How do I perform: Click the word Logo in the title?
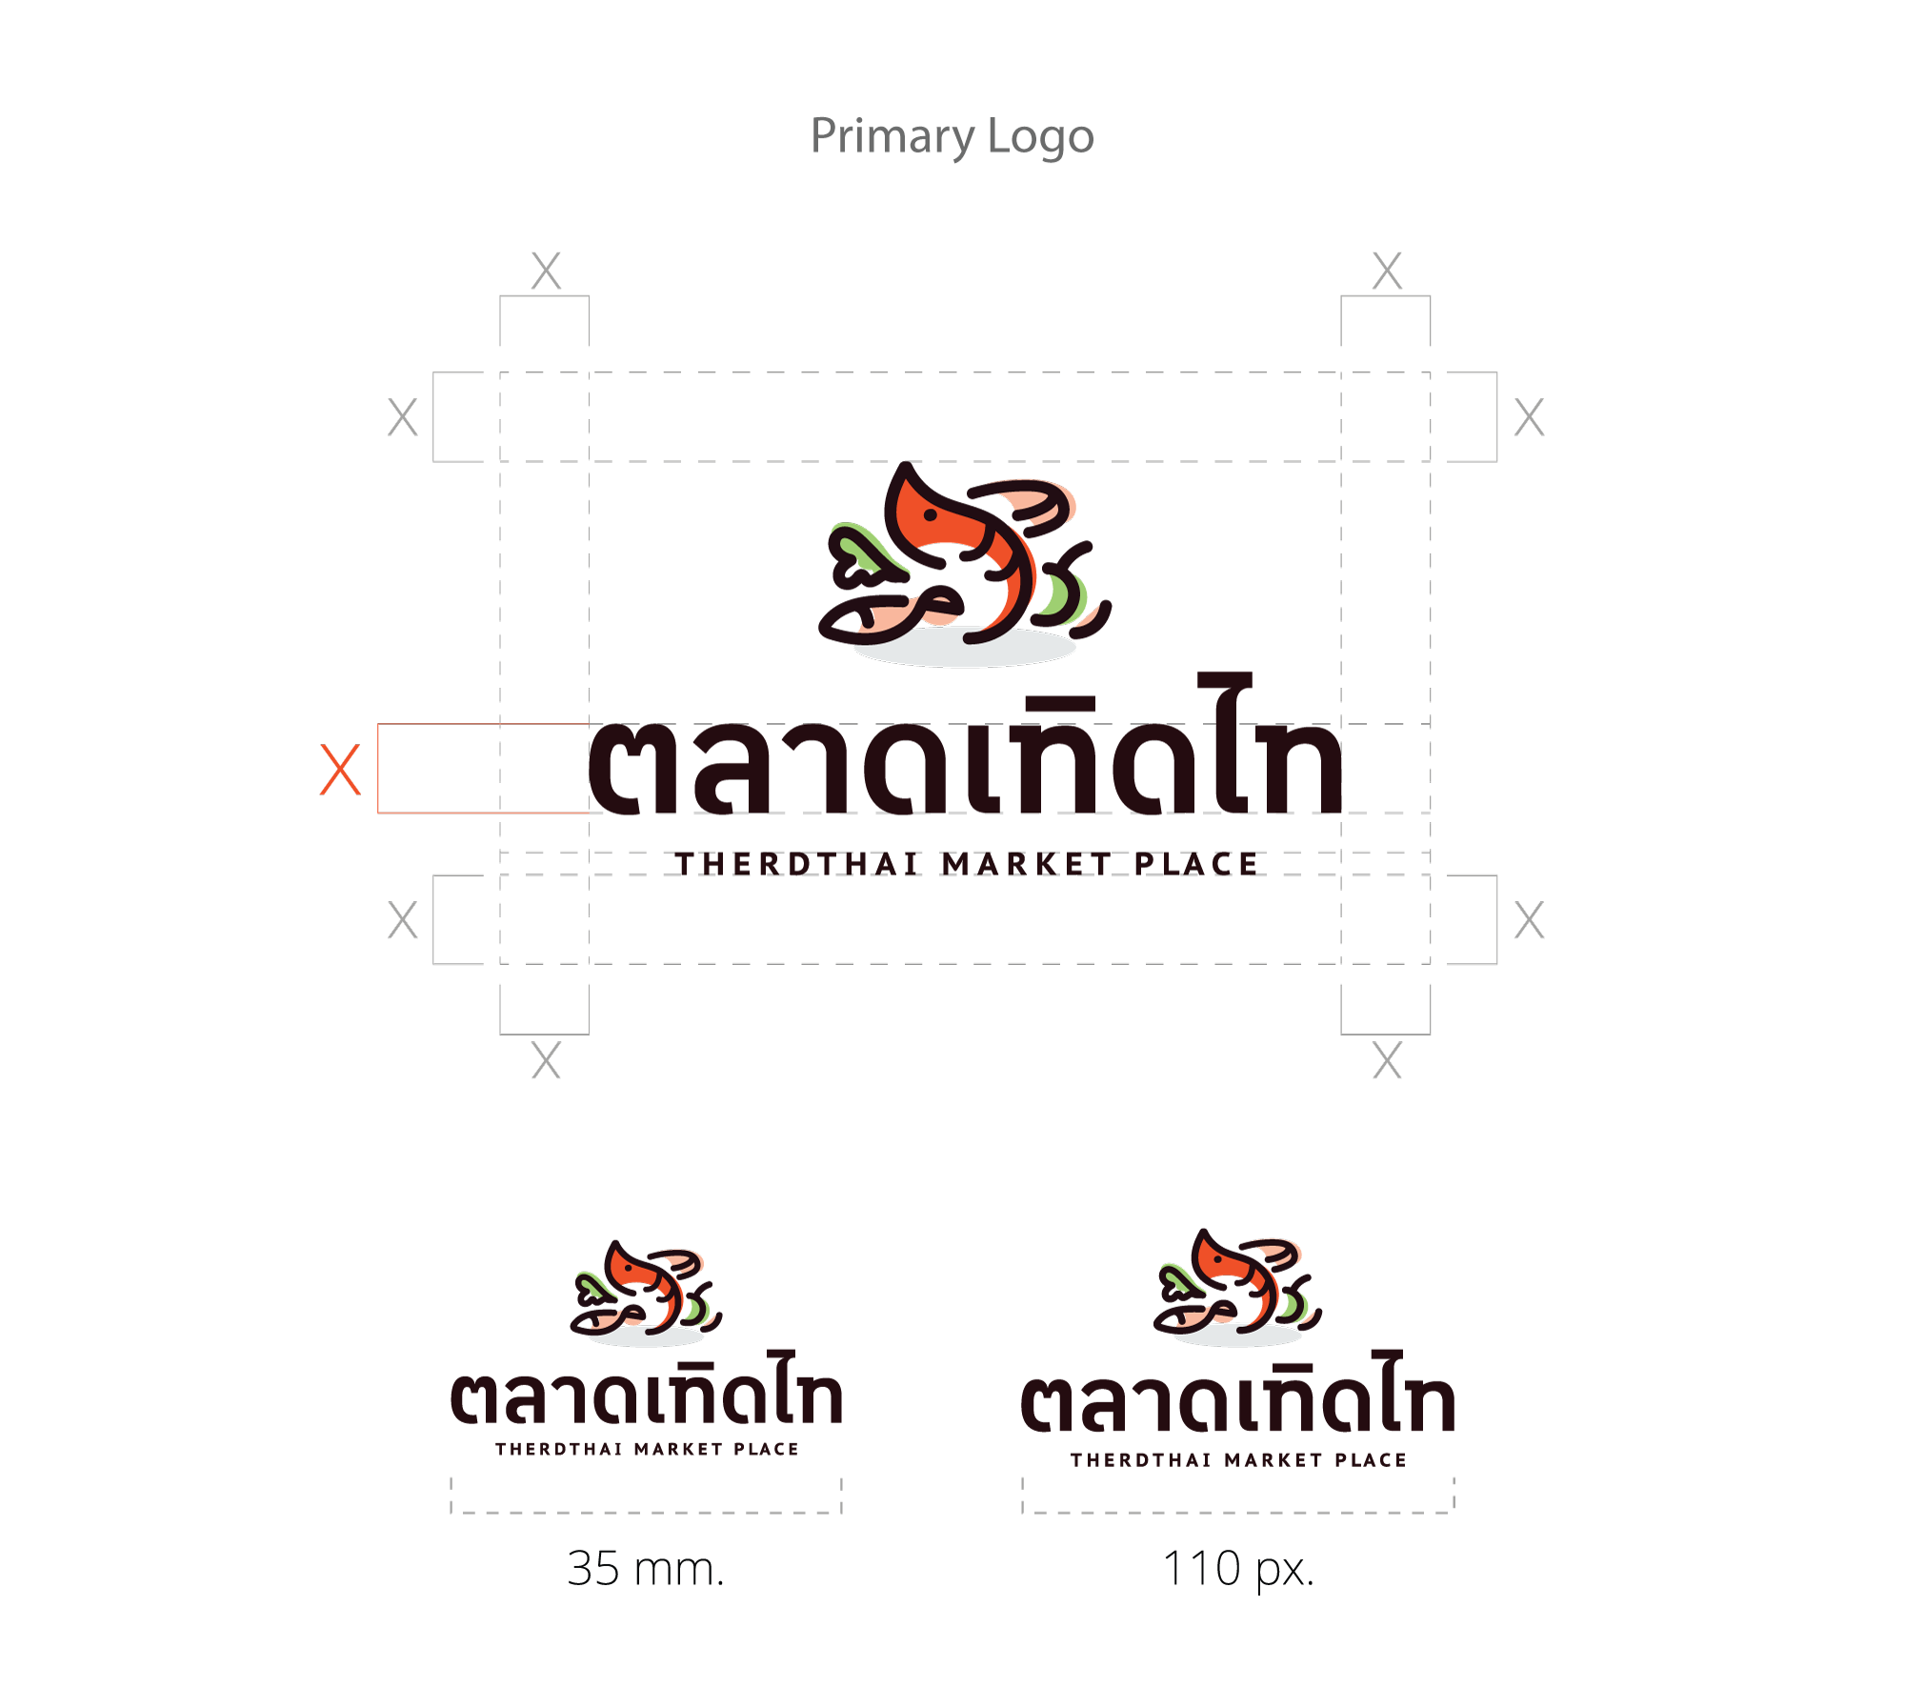pos(1040,137)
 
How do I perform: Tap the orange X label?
pos(340,770)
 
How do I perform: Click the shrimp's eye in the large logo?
pos(931,515)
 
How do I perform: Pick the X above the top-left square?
pos(546,271)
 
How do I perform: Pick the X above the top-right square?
pos(1387,271)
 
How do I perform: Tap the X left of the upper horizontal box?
pos(403,417)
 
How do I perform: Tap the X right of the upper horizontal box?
pos(1529,417)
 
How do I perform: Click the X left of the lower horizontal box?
pos(403,921)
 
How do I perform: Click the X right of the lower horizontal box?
pos(1529,921)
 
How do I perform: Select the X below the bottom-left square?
pos(546,1061)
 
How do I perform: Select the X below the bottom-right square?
pos(1387,1061)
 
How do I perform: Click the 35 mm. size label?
pos(645,1568)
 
